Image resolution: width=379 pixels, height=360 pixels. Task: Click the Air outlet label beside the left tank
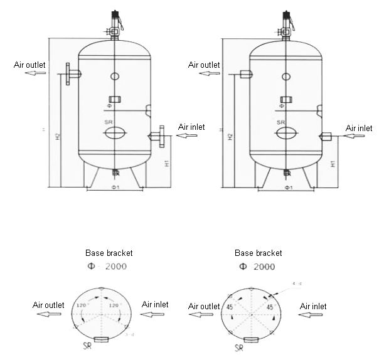(x=29, y=64)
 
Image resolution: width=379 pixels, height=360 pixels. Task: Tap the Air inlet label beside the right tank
(x=360, y=128)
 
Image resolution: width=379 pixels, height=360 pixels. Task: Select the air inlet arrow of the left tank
(x=188, y=135)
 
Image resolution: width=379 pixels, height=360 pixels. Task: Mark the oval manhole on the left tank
(x=114, y=133)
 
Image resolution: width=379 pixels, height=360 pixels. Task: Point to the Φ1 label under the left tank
(x=114, y=187)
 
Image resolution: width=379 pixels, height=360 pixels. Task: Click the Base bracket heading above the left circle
(x=109, y=253)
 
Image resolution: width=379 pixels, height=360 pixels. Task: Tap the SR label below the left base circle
(x=90, y=346)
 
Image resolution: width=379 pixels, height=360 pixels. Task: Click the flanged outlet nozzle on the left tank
(x=72, y=74)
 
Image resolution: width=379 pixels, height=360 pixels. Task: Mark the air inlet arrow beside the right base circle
(x=309, y=315)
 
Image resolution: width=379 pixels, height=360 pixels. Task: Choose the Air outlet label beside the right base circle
(x=205, y=305)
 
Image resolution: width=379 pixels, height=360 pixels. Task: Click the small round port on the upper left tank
(x=114, y=77)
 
